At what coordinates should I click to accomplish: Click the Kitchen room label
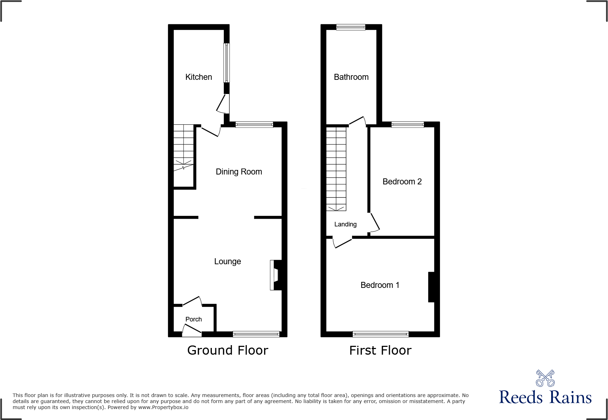(x=198, y=77)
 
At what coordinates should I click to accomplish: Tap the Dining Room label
(x=239, y=172)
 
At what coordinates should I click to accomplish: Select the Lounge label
(x=227, y=261)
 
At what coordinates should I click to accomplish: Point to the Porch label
(x=193, y=319)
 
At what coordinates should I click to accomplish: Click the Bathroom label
(x=351, y=77)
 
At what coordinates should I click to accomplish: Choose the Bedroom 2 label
(x=402, y=182)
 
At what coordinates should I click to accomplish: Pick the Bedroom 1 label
(x=380, y=285)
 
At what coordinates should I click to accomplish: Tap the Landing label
(x=345, y=224)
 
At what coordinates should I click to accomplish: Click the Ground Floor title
(x=227, y=350)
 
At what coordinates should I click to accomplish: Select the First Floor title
(x=380, y=350)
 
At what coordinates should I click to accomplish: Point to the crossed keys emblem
(x=545, y=378)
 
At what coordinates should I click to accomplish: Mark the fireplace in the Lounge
(x=275, y=275)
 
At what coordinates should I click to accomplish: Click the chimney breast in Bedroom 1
(x=431, y=287)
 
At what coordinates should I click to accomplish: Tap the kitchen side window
(x=227, y=63)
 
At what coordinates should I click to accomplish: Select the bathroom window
(x=351, y=27)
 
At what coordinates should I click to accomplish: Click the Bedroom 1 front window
(x=380, y=334)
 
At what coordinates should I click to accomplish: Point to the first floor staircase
(x=336, y=169)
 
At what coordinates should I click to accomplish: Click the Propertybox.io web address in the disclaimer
(x=163, y=408)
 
